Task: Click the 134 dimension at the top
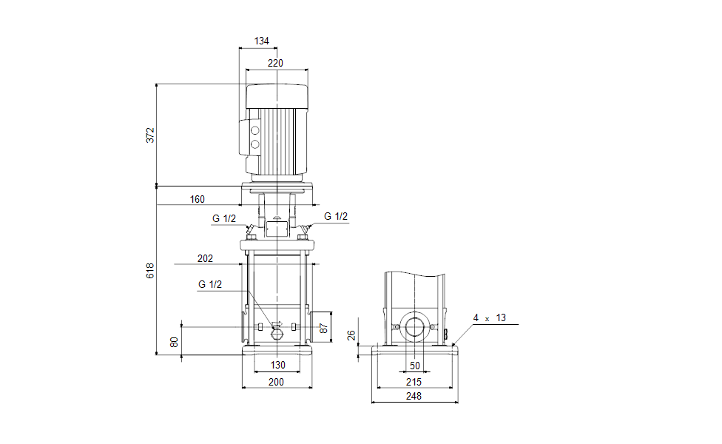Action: point(262,41)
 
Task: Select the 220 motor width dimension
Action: point(275,63)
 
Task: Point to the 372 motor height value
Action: point(150,135)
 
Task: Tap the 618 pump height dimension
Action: point(150,271)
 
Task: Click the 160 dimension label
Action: point(197,199)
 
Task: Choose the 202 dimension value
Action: point(206,258)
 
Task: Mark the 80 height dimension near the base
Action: point(175,342)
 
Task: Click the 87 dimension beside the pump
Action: point(323,328)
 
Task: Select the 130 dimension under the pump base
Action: point(277,366)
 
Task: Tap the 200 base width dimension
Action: point(276,382)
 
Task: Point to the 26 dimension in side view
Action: point(353,335)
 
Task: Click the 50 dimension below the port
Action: point(414,366)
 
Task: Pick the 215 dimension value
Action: point(414,382)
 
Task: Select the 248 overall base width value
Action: point(414,397)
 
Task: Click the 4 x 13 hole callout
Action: point(490,317)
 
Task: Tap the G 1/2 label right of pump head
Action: point(336,216)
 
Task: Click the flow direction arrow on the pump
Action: point(278,324)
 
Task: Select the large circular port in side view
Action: point(414,328)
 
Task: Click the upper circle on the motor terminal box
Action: point(255,129)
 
